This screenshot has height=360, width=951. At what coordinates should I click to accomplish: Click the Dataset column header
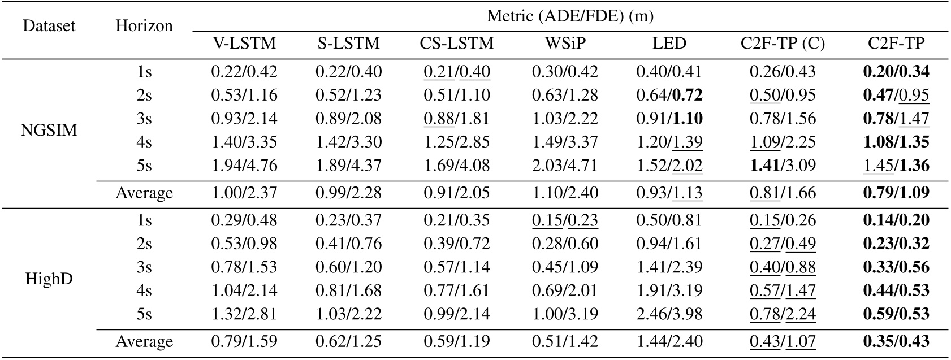click(49, 27)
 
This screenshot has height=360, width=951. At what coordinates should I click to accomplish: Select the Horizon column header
click(144, 27)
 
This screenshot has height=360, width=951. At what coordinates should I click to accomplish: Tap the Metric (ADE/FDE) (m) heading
click(570, 16)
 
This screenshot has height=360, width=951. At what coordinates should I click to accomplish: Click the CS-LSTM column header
click(456, 44)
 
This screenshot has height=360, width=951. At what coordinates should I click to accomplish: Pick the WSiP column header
click(565, 44)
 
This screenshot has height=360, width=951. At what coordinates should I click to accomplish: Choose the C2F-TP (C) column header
click(783, 44)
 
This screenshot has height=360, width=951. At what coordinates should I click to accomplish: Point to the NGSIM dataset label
click(49, 131)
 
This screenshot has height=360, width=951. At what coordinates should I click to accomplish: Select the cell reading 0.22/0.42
click(244, 72)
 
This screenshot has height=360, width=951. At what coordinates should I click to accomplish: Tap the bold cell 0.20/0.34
click(896, 72)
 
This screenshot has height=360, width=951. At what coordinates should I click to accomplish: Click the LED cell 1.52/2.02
click(669, 166)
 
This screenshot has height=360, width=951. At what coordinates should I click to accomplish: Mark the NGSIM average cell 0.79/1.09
click(896, 193)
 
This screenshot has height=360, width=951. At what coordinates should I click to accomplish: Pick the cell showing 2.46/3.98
click(669, 314)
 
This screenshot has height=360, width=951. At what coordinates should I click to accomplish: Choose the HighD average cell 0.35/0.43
click(896, 341)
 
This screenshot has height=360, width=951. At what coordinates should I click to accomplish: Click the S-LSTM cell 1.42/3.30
click(348, 142)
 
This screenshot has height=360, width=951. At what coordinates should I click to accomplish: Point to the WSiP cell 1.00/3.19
click(565, 314)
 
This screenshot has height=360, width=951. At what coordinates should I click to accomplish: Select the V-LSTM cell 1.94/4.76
click(244, 166)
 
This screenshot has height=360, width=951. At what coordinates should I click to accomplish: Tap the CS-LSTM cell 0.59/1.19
click(456, 341)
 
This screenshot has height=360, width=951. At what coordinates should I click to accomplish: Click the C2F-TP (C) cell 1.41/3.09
click(783, 166)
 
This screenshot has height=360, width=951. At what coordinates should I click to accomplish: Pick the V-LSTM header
click(244, 44)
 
